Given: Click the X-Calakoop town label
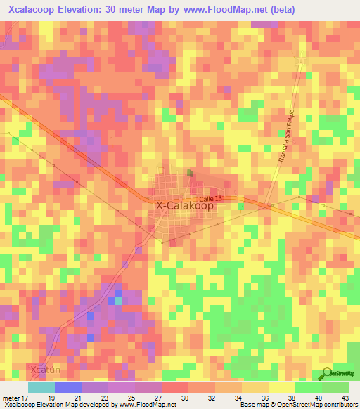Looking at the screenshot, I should [184, 206].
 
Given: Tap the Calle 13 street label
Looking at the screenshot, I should [210, 200].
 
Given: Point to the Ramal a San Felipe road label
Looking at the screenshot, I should [284, 138].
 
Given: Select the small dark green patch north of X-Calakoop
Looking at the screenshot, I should [190, 171].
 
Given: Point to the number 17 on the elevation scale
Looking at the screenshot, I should [26, 398].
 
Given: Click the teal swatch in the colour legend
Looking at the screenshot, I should [41, 387].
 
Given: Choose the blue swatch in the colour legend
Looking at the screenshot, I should [67, 387].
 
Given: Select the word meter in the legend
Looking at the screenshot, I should [10, 398].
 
